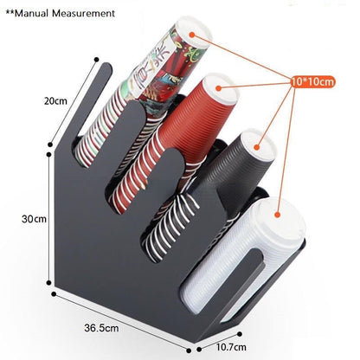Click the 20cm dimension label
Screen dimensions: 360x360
(55, 101)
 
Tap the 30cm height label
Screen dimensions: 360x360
(34, 219)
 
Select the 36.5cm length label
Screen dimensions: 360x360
(101, 328)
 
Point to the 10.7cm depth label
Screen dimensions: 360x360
(231, 346)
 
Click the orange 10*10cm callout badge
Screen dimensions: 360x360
(312, 81)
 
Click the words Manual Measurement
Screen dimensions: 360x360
(65, 13)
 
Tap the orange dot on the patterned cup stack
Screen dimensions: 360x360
(192, 35)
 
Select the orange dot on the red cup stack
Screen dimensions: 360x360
(219, 88)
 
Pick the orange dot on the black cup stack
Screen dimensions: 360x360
(257, 147)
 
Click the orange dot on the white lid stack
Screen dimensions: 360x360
(278, 215)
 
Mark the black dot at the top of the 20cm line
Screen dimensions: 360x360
(97, 60)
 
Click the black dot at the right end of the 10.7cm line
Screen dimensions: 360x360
(239, 334)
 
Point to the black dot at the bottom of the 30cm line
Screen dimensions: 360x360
(49, 283)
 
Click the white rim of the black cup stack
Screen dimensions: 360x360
(258, 145)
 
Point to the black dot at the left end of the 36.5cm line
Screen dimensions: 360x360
(54, 294)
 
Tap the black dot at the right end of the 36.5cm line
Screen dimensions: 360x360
(189, 350)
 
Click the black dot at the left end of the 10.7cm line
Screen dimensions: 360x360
(199, 350)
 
